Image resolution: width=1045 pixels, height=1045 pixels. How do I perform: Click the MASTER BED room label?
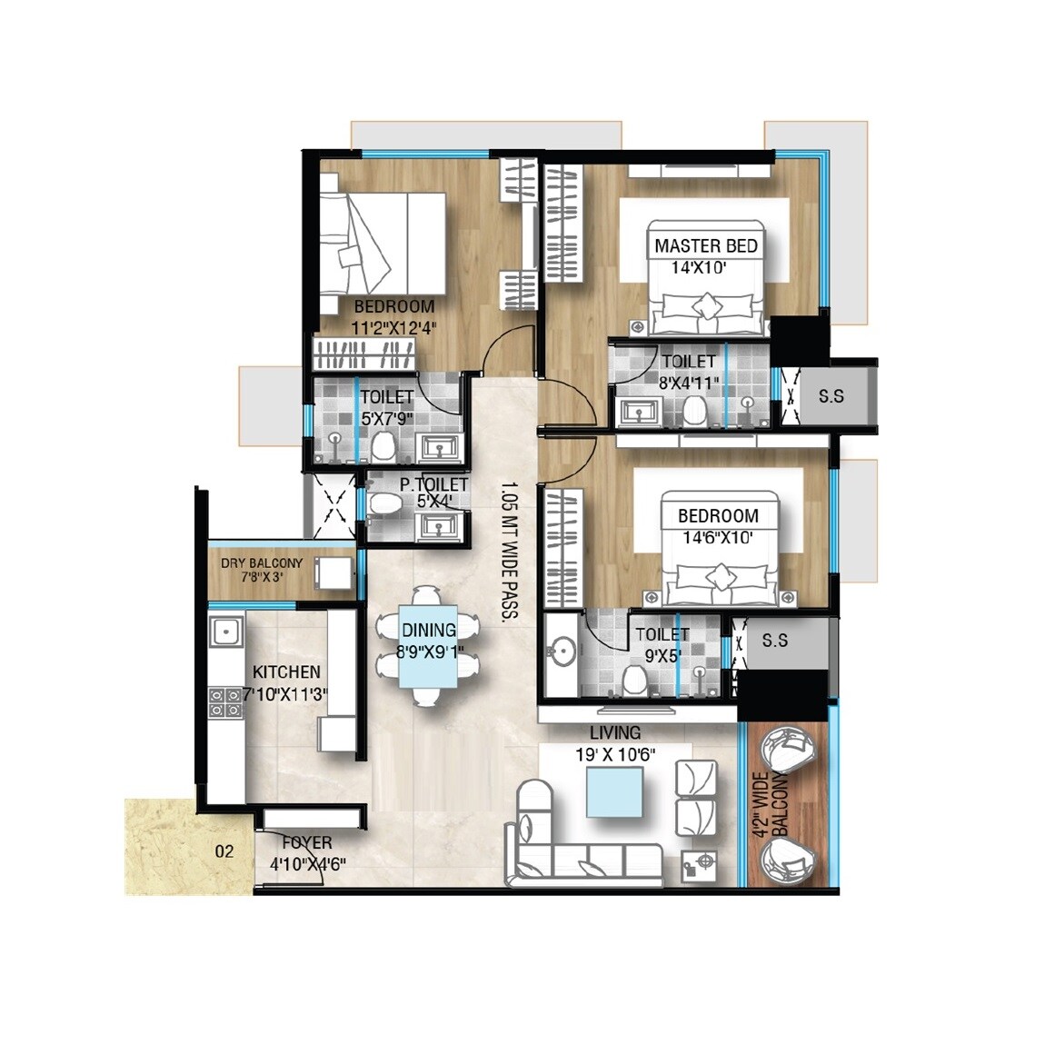coord(705,246)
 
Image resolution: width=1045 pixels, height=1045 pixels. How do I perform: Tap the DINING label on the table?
coord(429,630)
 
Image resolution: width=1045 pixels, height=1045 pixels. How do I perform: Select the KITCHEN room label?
coord(286,672)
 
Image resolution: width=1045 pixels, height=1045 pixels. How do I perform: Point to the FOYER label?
coord(306,843)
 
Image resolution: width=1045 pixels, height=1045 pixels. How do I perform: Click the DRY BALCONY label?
coord(262,563)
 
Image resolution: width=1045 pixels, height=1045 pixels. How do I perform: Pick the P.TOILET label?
coord(433,485)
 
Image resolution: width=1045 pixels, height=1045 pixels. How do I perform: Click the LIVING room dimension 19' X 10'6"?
coord(615,753)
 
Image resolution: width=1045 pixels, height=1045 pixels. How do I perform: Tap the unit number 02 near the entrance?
coord(224,851)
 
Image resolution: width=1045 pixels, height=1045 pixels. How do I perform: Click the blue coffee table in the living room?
coord(615,791)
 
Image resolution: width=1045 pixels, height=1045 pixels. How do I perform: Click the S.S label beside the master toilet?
coord(831,396)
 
